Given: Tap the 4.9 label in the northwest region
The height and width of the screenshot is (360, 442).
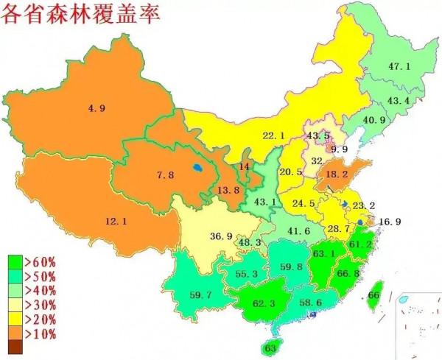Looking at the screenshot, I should (97, 108).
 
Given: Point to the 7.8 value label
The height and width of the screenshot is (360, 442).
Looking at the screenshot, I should (165, 174).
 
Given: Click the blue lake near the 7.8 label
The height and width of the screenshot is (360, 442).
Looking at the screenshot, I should (195, 168).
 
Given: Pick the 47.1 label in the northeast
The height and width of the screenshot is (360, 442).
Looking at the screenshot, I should (399, 67).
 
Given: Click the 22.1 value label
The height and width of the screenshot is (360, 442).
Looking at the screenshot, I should (273, 135).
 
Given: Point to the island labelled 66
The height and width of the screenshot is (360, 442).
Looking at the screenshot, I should (374, 295).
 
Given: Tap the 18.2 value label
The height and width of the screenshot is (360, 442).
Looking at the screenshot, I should (337, 174).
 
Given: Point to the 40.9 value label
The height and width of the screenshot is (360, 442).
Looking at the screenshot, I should (373, 120).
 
